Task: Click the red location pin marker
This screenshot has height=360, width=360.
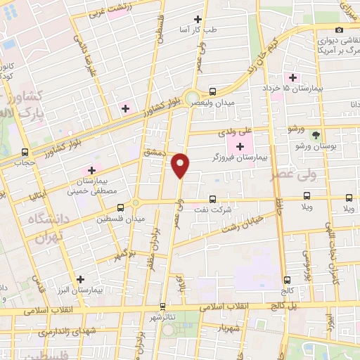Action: coord(181,165)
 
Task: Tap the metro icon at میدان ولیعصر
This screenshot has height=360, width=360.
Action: coord(213,91)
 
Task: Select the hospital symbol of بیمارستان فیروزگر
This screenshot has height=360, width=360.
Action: coord(241,146)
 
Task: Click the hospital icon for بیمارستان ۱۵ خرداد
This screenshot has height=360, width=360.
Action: coord(289,77)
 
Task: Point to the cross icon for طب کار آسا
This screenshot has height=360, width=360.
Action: coord(198,19)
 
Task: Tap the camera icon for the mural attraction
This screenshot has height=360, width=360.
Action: coord(340,30)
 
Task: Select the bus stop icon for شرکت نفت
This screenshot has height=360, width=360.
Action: coord(213,198)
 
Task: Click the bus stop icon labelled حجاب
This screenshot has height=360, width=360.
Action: coord(25,152)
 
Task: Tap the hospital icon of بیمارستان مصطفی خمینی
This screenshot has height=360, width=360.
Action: coord(91,171)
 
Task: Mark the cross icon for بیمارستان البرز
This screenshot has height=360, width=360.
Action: coord(82,279)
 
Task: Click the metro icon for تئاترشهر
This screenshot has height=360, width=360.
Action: coord(162,307)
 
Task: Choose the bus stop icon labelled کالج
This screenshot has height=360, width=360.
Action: coord(286,279)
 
